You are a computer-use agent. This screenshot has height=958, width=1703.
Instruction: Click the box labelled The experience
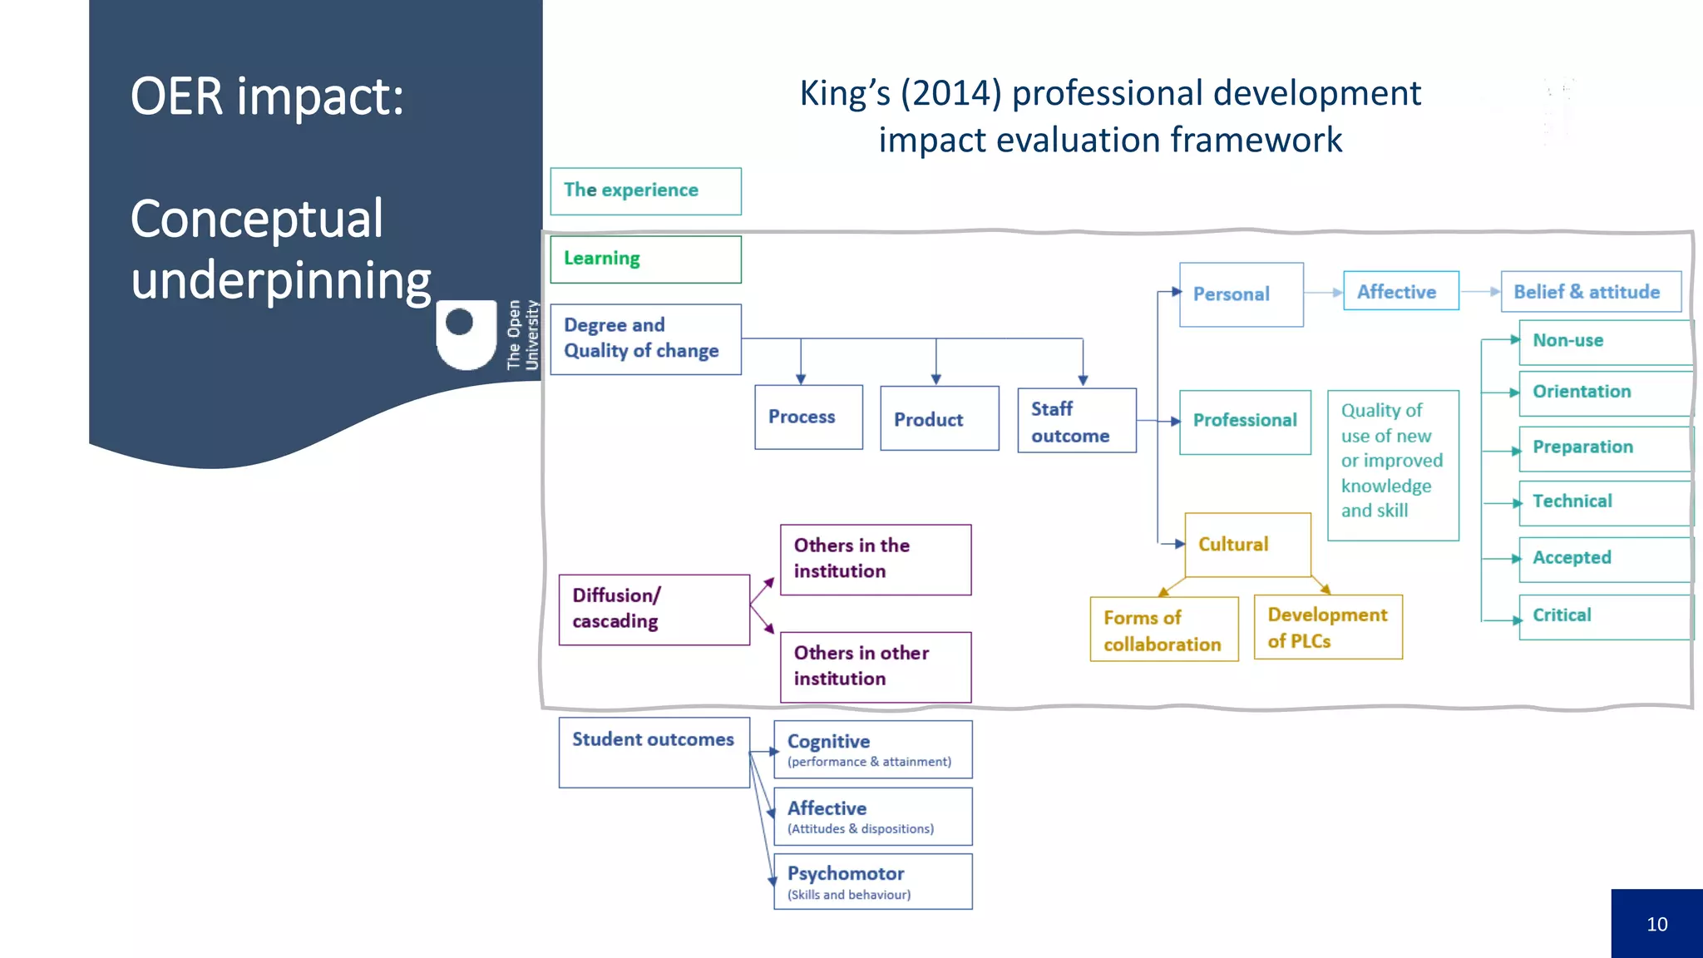[x=645, y=191]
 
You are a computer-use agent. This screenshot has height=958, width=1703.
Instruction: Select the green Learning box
[x=645, y=259]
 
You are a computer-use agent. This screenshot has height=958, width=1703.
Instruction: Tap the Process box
[x=808, y=417]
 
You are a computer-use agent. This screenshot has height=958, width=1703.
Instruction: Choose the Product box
[x=939, y=418]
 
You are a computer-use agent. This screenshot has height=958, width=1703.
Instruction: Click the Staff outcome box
[x=1076, y=421]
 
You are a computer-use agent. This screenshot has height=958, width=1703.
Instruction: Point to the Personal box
[x=1241, y=294]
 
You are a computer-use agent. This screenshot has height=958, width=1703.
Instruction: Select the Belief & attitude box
[x=1590, y=292]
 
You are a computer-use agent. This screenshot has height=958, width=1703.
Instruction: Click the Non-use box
[x=1605, y=341]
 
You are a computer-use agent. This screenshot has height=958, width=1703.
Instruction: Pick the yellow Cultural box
[x=1246, y=545]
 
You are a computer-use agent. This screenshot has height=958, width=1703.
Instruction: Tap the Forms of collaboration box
[x=1163, y=630]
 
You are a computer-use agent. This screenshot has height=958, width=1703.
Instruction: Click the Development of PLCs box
[x=1327, y=627]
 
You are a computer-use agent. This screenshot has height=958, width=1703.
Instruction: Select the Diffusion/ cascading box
[x=654, y=609]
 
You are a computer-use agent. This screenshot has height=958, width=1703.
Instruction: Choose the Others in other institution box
[x=875, y=666]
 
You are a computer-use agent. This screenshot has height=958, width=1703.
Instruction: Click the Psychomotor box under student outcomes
[x=872, y=881]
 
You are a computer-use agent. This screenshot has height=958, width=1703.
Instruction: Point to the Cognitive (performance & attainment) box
[x=872, y=749]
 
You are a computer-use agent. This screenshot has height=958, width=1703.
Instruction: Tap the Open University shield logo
[x=466, y=334]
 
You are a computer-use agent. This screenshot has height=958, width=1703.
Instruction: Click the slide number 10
[x=1656, y=924]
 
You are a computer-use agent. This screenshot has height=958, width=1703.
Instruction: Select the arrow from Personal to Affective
[x=1323, y=293]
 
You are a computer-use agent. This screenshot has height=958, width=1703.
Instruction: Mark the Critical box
[x=1605, y=616]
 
